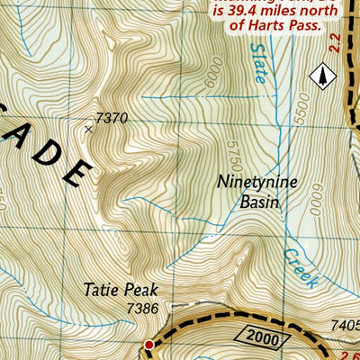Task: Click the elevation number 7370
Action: point(112,117)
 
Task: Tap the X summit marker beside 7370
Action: point(88,130)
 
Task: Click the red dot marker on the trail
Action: point(149,345)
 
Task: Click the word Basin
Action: point(259,202)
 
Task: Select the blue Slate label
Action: point(259,63)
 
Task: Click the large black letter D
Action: point(79,170)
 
